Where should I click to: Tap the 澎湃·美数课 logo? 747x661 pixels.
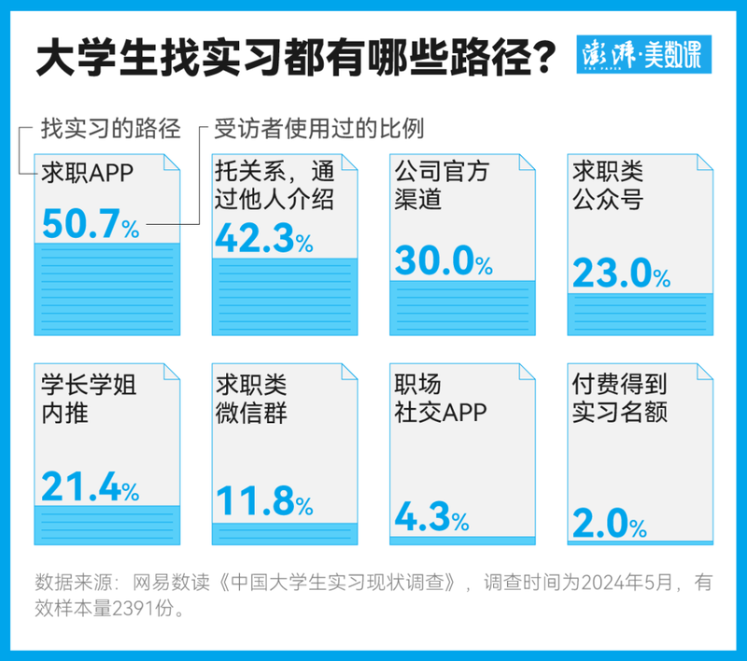coord(645,56)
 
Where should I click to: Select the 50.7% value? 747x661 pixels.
coord(91,223)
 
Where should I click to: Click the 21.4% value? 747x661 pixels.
coord(90,486)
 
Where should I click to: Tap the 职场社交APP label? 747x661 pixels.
coord(441,399)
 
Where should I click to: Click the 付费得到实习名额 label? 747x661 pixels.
coord(619,399)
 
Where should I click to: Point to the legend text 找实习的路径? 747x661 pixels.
coord(110,129)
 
